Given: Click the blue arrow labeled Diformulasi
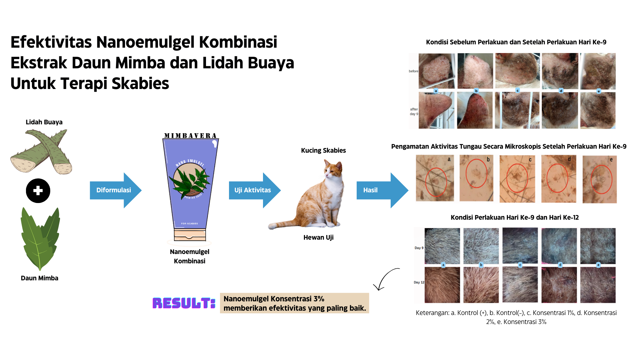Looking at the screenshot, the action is point(115,190).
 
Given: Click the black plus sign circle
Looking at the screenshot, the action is point(38,191).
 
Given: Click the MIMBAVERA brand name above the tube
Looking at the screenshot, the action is point(190,136).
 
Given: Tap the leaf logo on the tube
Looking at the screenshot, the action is point(189,181).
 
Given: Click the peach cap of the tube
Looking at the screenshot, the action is point(190,235).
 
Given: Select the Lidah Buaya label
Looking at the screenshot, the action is point(44,122).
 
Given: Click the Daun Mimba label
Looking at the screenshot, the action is point(39,278).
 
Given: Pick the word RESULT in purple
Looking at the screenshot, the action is point(184,303).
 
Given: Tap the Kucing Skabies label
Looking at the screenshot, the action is point(323,150).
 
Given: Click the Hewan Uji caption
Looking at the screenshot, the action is point(318,237).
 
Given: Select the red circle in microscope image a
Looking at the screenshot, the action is point(436,182).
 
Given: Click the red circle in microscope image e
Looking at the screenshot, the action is point(601,179).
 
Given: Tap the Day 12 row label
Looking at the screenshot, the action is point(419,282).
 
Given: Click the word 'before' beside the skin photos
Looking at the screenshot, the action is point(413,71).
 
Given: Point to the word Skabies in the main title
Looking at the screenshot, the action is point(140,83).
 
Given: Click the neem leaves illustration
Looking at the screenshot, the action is point(40,239).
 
